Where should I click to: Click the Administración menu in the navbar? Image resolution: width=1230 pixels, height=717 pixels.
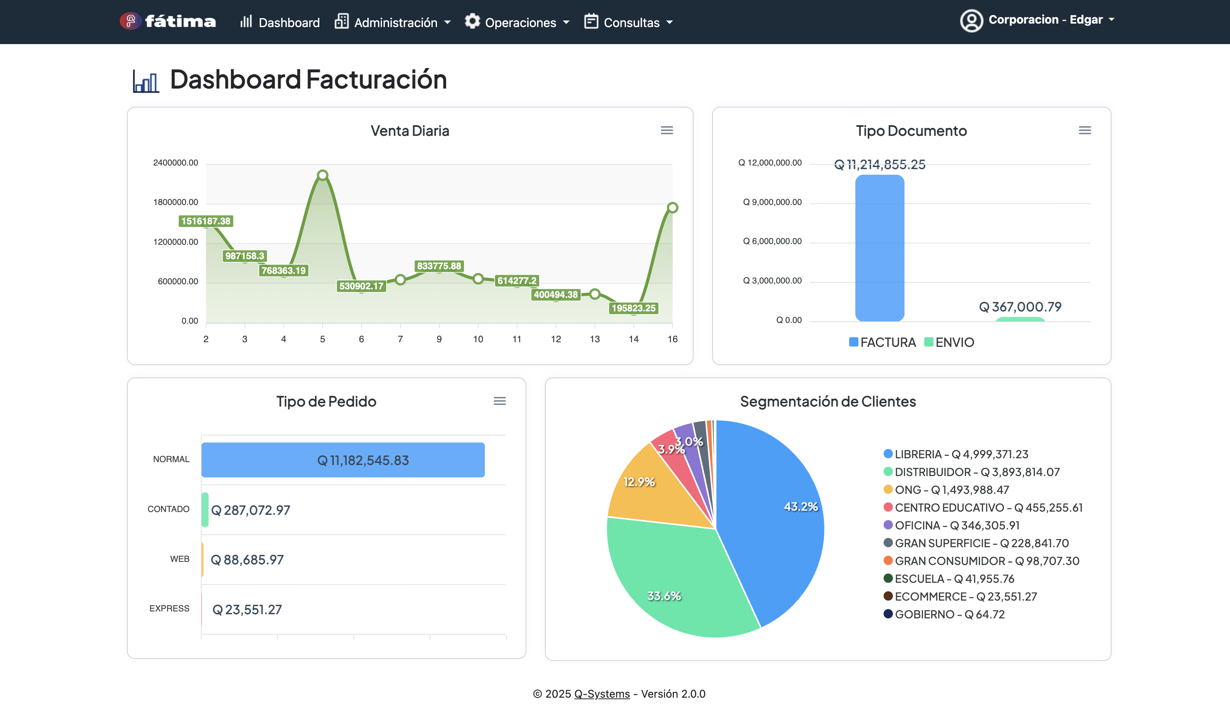pyautogui.click(x=392, y=22)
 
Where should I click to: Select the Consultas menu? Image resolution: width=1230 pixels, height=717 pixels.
pyautogui.click(x=628, y=22)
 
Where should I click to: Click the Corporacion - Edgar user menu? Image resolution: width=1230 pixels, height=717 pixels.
pyautogui.click(x=1037, y=20)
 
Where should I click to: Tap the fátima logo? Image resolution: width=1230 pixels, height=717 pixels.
pyautogui.click(x=168, y=21)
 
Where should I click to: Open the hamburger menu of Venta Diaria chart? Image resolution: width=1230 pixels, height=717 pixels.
pyautogui.click(x=667, y=130)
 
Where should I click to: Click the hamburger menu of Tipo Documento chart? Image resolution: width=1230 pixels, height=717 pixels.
pyautogui.click(x=1084, y=130)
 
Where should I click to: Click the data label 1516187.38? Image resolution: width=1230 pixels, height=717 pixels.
pyautogui.click(x=206, y=221)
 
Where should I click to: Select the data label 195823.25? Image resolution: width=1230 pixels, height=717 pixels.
pyautogui.click(x=634, y=308)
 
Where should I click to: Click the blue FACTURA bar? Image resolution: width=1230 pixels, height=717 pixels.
pyautogui.click(x=880, y=248)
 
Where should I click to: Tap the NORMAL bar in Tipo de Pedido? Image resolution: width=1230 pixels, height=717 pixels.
pyautogui.click(x=343, y=459)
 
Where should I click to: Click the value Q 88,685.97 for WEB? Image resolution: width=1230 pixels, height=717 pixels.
pyautogui.click(x=247, y=560)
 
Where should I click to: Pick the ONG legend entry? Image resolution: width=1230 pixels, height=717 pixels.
pyautogui.click(x=946, y=489)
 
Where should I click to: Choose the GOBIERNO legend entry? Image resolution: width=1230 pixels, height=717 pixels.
pyautogui.click(x=944, y=614)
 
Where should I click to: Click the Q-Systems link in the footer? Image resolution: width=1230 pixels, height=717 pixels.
pyautogui.click(x=602, y=693)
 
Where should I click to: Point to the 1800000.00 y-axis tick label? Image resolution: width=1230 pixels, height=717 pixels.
pyautogui.click(x=176, y=202)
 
